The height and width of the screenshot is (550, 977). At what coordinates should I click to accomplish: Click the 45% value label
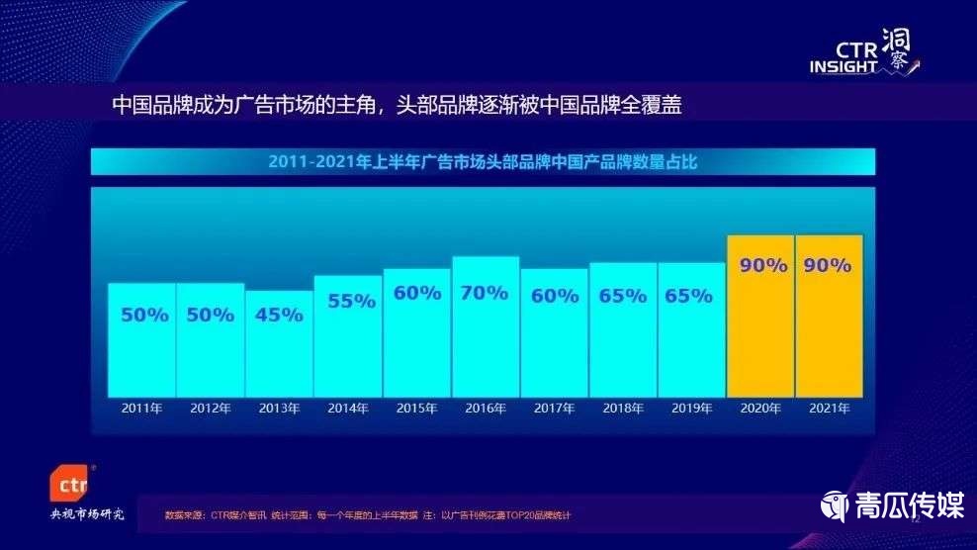(x=279, y=316)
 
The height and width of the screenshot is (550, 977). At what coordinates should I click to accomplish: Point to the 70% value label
(x=486, y=293)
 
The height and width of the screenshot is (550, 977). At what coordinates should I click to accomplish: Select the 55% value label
(x=347, y=302)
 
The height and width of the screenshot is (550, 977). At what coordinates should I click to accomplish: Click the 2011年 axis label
(x=142, y=408)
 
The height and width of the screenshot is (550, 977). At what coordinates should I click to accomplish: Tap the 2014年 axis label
(x=348, y=408)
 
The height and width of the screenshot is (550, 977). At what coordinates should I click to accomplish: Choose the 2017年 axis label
(x=555, y=408)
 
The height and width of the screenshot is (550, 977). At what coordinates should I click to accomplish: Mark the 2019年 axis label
(x=691, y=408)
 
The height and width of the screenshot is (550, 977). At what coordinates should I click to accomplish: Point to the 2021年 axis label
(x=829, y=408)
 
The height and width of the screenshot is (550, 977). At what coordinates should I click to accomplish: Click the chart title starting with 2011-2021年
(x=483, y=162)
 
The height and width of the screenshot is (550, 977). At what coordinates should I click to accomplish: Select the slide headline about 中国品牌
(x=397, y=105)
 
